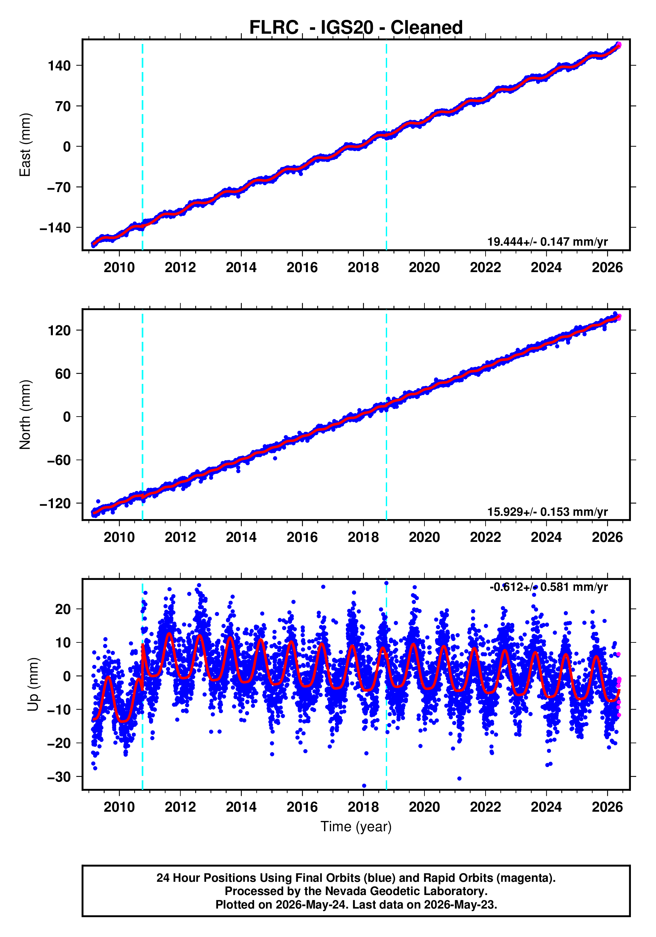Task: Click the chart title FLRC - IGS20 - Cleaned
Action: point(356,27)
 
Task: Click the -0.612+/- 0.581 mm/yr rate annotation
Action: point(548,587)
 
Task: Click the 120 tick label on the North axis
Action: point(59,330)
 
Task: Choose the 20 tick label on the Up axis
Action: point(63,609)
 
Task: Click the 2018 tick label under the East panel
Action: point(363,268)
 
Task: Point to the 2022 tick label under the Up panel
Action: point(485,807)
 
